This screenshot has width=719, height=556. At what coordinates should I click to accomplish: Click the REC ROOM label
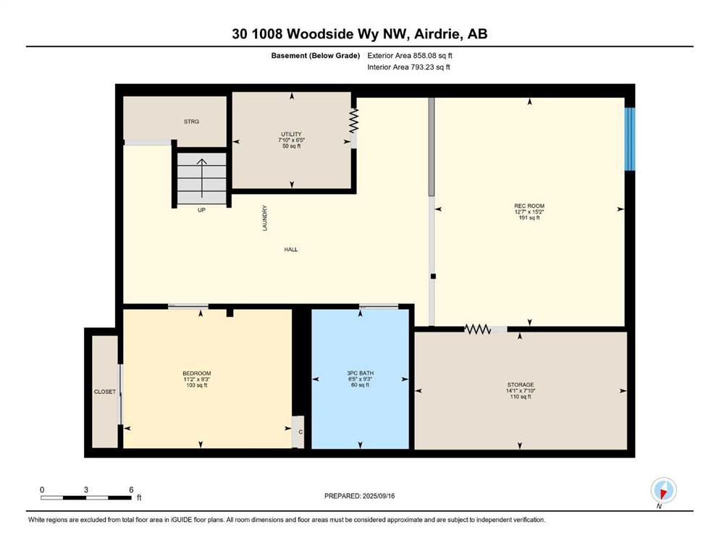(529, 206)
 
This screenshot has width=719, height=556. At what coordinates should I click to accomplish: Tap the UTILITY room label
(291, 135)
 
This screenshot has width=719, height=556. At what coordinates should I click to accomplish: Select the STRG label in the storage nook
(191, 122)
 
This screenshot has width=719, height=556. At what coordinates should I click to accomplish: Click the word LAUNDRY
(264, 218)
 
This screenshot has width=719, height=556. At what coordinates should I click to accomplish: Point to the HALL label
(291, 249)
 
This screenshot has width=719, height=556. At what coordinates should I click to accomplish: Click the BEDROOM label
(197, 373)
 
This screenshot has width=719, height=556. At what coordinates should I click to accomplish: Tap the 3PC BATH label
(360, 373)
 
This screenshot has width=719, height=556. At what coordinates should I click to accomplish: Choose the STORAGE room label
(521, 384)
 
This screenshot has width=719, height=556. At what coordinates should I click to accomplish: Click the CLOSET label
(105, 392)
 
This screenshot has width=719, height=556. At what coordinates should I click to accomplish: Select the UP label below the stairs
(201, 210)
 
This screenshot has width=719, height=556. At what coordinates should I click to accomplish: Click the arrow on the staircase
(202, 178)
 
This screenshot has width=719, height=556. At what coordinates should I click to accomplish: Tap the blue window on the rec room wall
(631, 139)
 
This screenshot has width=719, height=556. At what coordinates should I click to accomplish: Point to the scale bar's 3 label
(85, 489)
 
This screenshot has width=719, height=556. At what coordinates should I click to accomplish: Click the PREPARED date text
(359, 496)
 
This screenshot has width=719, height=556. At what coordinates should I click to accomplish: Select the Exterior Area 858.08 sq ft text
(410, 56)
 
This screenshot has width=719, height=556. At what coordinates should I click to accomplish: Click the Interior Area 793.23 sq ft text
(408, 67)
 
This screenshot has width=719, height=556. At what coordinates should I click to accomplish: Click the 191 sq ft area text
(529, 218)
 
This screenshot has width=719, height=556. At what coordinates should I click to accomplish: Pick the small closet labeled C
(298, 431)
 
